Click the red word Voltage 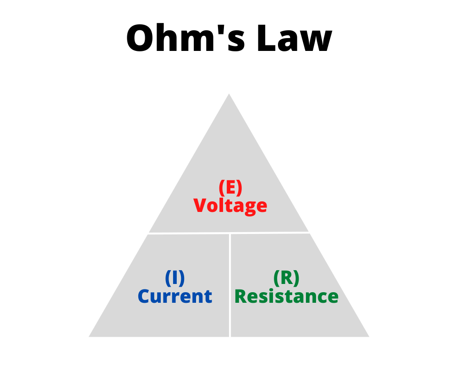click(230, 205)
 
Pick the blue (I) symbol click(174, 278)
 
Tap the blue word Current click(174, 296)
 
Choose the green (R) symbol click(286, 278)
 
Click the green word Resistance click(286, 296)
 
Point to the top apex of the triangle click(229, 95)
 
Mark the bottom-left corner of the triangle click(90, 336)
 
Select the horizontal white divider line click(192, 233)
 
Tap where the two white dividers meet click(230, 234)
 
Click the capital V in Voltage click(201, 205)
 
